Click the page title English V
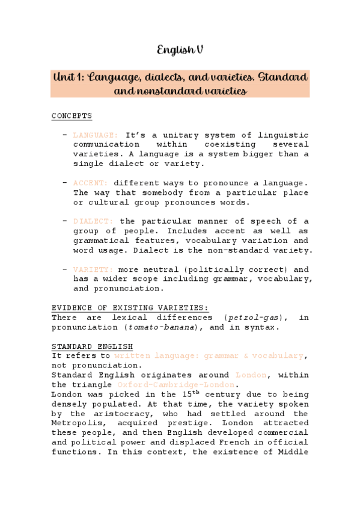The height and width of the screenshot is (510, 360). coord(180,51)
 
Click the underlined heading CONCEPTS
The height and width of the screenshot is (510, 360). coord(72,116)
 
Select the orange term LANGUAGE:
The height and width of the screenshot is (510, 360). coord(96,135)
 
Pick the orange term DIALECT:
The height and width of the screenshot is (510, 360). coord(93,221)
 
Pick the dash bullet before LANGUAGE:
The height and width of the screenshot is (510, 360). coord(64,135)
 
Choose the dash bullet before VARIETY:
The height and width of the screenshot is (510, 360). coord(64,269)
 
